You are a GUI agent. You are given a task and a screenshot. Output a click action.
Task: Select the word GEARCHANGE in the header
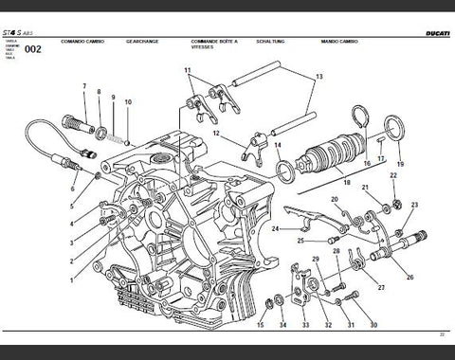(x=141, y=43)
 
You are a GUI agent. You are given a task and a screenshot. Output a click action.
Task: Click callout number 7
(x=84, y=87)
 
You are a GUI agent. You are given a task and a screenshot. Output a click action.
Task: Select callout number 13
(x=319, y=76)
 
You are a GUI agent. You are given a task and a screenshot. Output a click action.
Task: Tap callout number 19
(x=398, y=164)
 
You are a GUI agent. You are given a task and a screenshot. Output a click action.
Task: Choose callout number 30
(x=373, y=325)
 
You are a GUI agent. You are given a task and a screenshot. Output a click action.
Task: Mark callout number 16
(x=367, y=164)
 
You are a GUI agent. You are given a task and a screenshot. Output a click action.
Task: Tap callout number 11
(x=188, y=70)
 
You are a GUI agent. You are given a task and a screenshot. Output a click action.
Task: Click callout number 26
(x=409, y=278)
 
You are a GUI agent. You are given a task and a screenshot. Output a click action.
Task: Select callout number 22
(x=393, y=175)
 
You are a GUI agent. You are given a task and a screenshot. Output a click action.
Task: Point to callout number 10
(x=128, y=100)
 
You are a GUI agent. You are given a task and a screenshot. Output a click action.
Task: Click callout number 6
(x=72, y=189)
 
